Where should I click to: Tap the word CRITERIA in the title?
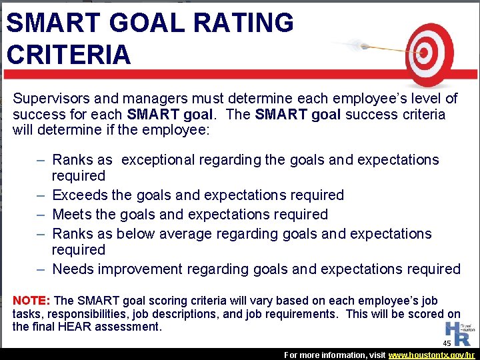69,55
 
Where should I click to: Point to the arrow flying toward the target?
373,47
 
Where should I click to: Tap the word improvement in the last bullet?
143,269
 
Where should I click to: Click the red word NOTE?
32,301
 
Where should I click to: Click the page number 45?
447,343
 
